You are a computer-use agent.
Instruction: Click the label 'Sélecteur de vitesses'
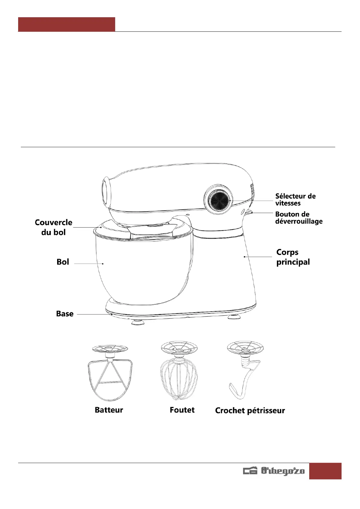[295, 200]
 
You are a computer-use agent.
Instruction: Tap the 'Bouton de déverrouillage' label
[298, 218]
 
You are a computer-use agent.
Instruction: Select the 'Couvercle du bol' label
[54, 227]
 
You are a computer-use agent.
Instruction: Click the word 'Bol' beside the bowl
[63, 262]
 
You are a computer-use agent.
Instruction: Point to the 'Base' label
[65, 314]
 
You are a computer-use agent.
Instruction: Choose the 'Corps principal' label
[293, 257]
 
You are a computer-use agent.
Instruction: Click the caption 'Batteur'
[109, 410]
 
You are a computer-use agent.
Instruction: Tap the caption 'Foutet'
[182, 410]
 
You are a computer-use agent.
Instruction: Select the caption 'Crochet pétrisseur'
[250, 410]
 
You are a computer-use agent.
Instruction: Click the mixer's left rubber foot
[138, 322]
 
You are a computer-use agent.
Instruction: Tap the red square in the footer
[325, 471]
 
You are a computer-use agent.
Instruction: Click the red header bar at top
[66, 24]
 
